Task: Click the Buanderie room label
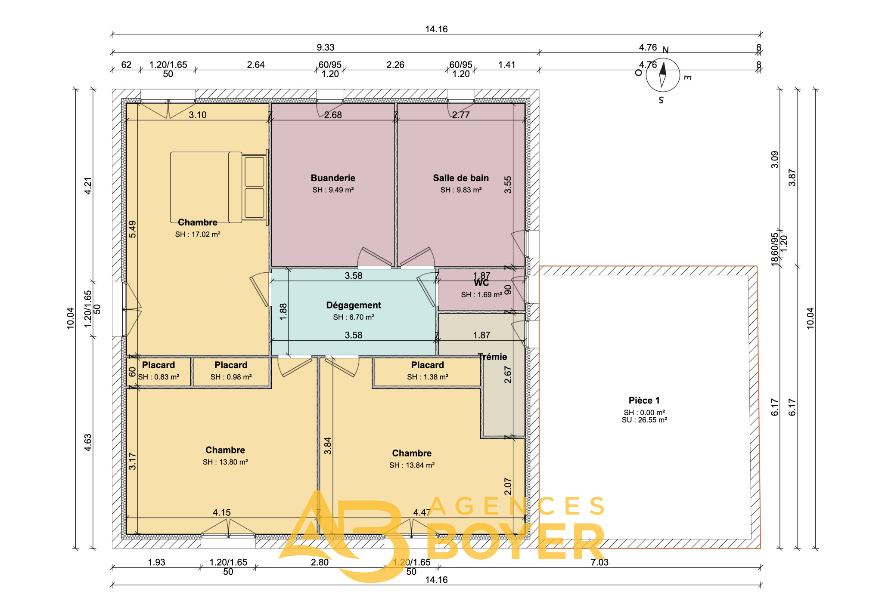[x=333, y=178]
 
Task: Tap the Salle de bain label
[x=461, y=178]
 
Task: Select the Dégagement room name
[x=354, y=305]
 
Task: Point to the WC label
[x=481, y=283]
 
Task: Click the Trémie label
[x=492, y=357]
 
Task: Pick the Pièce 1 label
[x=644, y=401]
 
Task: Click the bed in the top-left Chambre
[x=219, y=187]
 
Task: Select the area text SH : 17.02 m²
[x=198, y=234]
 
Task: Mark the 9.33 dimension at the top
[x=326, y=47]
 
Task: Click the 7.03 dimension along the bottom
[x=599, y=562]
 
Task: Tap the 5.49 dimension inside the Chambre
[x=132, y=229]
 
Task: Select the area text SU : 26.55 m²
[x=644, y=420]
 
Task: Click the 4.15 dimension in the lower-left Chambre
[x=222, y=512]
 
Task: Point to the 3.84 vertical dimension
[x=328, y=446]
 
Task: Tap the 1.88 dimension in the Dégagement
[x=283, y=312]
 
